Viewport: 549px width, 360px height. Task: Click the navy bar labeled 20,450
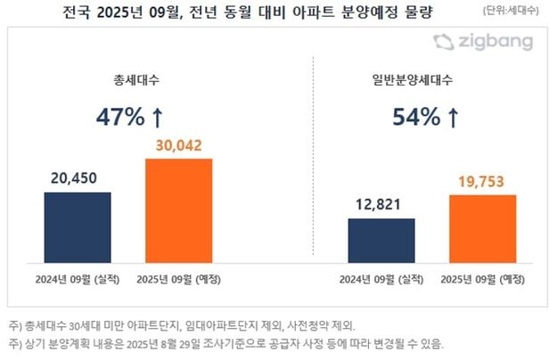click(x=78, y=227)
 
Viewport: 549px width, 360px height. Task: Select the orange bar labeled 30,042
click(x=179, y=210)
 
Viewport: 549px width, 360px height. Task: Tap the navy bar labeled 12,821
click(x=381, y=241)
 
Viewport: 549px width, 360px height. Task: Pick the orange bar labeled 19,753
click(x=482, y=228)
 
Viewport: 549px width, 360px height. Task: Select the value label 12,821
click(x=381, y=206)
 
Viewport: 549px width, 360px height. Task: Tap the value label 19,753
click(x=482, y=182)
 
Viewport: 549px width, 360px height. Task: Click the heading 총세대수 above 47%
click(x=128, y=78)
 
